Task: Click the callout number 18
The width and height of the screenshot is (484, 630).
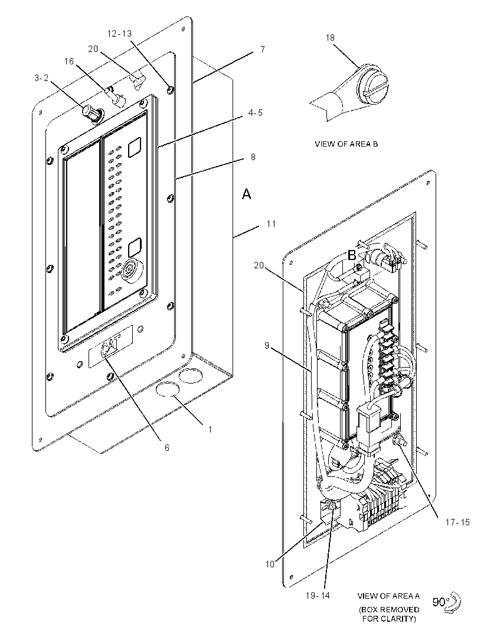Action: coord(330,38)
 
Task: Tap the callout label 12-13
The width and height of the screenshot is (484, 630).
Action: coord(119,34)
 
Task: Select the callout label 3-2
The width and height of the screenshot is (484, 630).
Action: coord(41,78)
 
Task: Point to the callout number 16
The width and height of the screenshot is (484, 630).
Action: coord(69,61)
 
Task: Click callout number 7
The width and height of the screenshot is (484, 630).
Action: coord(263,50)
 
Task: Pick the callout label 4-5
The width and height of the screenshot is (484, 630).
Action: coord(255,113)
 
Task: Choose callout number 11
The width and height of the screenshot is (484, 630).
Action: coord(272,224)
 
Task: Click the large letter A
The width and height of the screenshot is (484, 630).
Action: coord(246,194)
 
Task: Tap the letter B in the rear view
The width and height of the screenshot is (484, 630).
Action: coord(352,255)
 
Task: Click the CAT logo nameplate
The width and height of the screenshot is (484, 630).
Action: coord(110,346)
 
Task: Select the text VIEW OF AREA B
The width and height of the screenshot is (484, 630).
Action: coord(346,144)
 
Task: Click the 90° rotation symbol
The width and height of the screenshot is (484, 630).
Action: coord(447,602)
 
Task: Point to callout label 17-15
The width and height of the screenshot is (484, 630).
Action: coord(457,522)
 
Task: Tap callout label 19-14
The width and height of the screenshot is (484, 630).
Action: coord(318,596)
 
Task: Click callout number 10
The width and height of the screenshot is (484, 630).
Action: coord(270,564)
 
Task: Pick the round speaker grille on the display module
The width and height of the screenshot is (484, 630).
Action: coord(132,271)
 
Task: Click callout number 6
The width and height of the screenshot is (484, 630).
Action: coord(167,447)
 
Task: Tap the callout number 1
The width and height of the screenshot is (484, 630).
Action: coord(210,430)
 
